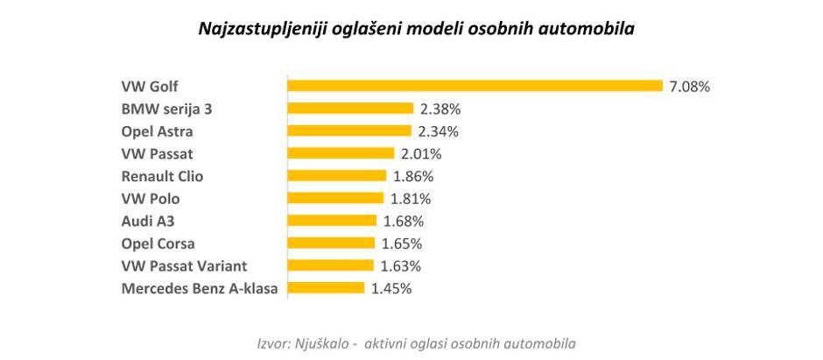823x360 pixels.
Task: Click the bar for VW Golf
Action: click(x=475, y=86)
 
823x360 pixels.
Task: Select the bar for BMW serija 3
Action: click(x=350, y=109)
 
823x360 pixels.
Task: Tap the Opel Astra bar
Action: click(x=349, y=131)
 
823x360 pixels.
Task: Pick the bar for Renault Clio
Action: click(x=337, y=176)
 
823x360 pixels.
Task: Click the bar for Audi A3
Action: click(x=333, y=221)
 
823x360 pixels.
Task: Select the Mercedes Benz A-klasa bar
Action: click(x=327, y=287)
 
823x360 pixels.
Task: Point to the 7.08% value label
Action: click(x=689, y=87)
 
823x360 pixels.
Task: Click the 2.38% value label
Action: click(x=440, y=109)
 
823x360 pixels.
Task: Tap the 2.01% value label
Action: click(x=421, y=154)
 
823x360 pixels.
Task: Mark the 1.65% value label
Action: click(x=403, y=244)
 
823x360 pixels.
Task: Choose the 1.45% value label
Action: click(x=391, y=288)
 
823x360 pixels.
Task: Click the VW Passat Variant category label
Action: click(x=184, y=265)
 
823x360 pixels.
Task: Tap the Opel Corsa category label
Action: click(x=158, y=244)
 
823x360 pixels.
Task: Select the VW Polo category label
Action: click(x=150, y=199)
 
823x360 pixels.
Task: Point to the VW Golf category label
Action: click(x=150, y=87)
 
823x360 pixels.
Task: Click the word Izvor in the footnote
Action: click(x=272, y=341)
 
